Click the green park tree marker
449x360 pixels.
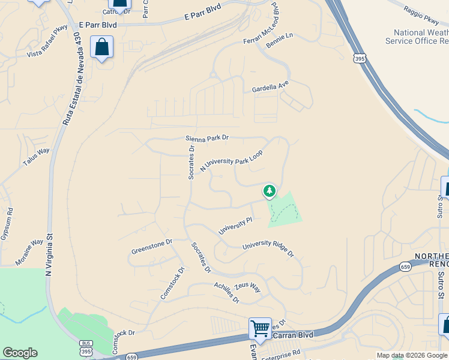click(270, 191)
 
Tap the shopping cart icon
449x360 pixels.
click(260, 328)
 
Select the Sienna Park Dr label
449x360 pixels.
click(207, 138)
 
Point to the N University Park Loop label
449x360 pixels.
click(231, 161)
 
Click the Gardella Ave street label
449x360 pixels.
click(270, 89)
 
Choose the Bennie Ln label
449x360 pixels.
click(280, 41)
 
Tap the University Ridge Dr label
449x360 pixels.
click(268, 249)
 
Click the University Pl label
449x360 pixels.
click(235, 226)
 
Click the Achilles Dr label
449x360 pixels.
click(227, 292)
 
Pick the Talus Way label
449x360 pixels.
click(36, 157)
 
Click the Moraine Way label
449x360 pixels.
click(29, 252)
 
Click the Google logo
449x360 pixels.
click(20, 353)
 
